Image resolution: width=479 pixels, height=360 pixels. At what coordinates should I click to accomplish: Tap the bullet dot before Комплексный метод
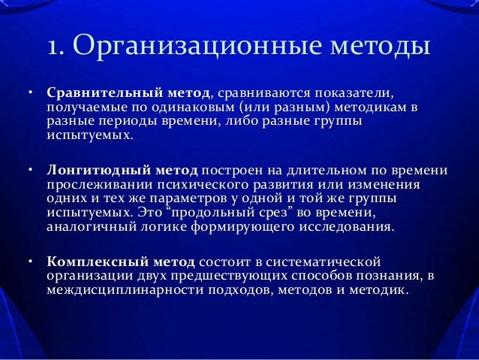point(31,262)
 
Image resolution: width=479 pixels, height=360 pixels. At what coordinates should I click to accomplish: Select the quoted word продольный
point(184,213)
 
